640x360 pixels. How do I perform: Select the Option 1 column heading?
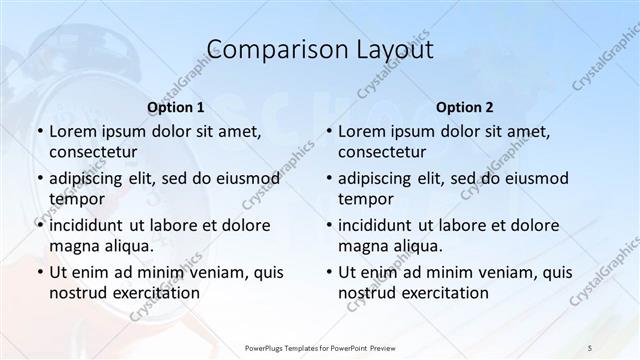pos(176,106)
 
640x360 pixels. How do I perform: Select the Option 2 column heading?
pos(465,106)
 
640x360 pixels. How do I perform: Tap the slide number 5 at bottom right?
pos(590,346)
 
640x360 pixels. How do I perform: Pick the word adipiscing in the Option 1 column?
pos(90,178)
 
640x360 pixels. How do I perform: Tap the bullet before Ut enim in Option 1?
pos(39,272)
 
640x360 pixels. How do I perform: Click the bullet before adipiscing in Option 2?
pos(328,178)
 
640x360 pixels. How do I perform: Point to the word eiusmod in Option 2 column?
pos(533,178)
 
